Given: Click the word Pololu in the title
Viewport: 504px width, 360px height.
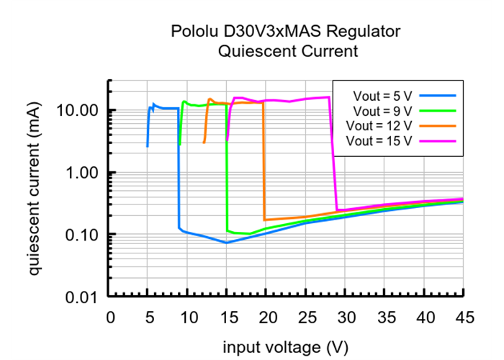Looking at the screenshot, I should coord(193,32).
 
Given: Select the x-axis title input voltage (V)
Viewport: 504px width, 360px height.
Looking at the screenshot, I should coord(286,347).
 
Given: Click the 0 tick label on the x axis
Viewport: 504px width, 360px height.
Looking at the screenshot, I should coord(109,317).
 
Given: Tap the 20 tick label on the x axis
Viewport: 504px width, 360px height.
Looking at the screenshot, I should coord(267,317).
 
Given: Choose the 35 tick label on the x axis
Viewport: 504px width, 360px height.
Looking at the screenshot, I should coord(385,317).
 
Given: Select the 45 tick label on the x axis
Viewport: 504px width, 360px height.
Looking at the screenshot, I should coord(464,317).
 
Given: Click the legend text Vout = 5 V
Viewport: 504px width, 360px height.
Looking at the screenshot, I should coord(382,96).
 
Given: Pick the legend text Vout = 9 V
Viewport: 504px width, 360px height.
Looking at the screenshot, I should coord(382,111).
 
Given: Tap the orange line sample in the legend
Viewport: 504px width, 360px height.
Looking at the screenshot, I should coord(438,125).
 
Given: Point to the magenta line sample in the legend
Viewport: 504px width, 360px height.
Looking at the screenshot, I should coord(438,140).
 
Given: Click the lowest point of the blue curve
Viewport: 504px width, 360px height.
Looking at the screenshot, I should coord(227,243).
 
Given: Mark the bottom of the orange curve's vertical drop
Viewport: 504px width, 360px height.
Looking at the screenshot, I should coord(264,220).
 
